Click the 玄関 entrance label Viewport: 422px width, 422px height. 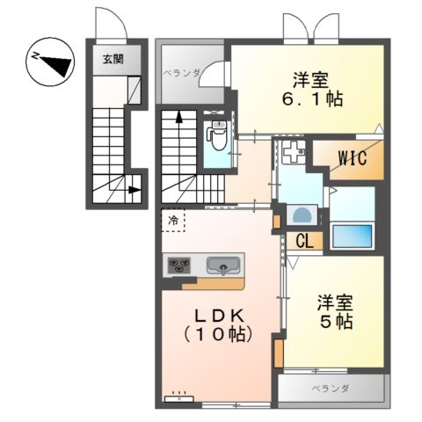113,60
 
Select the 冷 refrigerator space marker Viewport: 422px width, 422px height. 172,221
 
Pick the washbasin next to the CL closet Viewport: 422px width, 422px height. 302,215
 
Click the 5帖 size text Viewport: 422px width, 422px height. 335,323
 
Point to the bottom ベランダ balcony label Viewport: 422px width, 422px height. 330,388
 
